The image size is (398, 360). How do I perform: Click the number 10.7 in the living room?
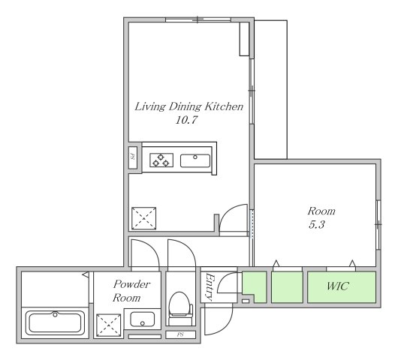click(186, 120)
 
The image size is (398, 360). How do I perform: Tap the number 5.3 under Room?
click(316, 224)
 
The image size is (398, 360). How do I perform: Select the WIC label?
click(338, 286)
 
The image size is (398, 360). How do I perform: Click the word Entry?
click(210, 286)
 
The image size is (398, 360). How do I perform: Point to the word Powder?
click(131, 284)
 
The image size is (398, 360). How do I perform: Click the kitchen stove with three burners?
click(161, 160)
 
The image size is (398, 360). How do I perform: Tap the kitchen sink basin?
click(195, 160)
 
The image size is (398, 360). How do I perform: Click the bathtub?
click(55, 322)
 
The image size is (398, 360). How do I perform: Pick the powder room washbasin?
click(142, 319)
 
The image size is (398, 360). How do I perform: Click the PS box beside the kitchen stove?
click(132, 157)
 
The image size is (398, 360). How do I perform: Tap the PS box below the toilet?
click(180, 334)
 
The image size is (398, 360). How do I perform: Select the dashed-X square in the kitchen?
click(143, 218)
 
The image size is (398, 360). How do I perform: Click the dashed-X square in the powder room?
click(109, 325)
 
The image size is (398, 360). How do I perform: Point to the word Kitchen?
click(224, 106)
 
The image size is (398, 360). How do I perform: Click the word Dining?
click(185, 106)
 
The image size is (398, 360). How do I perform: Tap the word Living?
click(150, 106)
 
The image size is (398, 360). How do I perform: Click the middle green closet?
click(287, 287)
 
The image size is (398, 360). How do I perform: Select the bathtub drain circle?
click(55, 314)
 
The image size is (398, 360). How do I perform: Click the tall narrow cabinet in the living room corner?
click(245, 39)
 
